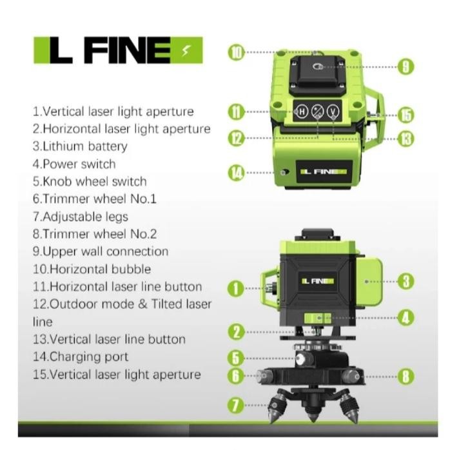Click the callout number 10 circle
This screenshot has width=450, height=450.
(x=237, y=52)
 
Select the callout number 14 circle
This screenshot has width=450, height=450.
(x=237, y=172)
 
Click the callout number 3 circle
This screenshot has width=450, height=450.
(x=405, y=281)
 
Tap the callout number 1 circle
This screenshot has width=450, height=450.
(x=237, y=288)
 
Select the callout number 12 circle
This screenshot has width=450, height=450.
(x=237, y=137)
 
